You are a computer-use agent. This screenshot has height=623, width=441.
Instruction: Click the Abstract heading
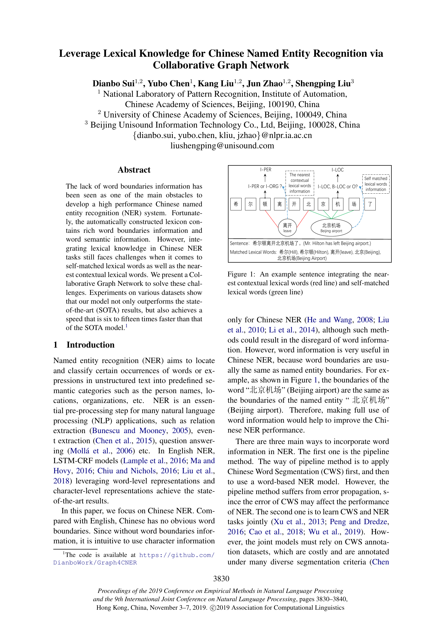134,170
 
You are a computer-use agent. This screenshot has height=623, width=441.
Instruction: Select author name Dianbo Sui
114,83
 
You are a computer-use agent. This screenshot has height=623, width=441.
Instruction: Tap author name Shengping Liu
323,83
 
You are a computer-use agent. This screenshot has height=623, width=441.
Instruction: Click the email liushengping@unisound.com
222,146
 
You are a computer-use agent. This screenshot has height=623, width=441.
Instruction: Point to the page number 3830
221,579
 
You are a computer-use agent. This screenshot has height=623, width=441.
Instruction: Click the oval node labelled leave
287,227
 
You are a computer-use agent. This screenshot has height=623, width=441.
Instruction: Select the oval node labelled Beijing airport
331,227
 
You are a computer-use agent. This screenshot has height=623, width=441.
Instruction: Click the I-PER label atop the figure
266,170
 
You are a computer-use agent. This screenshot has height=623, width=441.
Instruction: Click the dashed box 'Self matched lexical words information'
376,184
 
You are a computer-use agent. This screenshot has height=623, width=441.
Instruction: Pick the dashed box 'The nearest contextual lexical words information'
299,183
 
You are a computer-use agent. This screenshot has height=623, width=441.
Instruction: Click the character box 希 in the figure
236,204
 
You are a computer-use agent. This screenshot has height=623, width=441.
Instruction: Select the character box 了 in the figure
370,204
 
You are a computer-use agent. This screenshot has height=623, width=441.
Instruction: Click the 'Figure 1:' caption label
241,274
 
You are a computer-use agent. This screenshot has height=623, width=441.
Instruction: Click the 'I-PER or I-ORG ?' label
265,186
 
